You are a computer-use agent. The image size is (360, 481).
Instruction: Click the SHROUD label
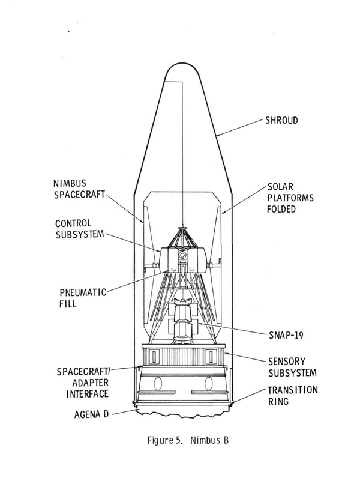[281, 120]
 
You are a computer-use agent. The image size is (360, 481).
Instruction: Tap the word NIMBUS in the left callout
[70, 183]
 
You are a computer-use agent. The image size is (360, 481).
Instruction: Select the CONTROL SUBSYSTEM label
[80, 229]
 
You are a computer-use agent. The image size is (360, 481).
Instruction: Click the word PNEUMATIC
[83, 292]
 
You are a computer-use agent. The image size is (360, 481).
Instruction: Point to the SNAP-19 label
[286, 335]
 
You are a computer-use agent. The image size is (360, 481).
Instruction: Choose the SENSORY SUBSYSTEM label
[292, 367]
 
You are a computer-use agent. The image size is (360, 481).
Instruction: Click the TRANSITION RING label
[293, 396]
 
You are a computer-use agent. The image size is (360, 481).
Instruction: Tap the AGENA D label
[91, 414]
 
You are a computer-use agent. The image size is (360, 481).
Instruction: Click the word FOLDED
[281, 209]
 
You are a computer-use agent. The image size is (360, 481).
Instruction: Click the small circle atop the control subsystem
[182, 255]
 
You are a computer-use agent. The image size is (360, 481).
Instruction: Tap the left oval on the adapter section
[158, 384]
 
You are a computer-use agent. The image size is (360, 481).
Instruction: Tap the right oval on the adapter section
[209, 384]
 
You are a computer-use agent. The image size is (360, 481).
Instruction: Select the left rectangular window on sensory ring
[154, 357]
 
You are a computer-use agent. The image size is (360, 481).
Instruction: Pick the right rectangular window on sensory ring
[211, 357]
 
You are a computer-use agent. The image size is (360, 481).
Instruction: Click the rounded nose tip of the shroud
[182, 64]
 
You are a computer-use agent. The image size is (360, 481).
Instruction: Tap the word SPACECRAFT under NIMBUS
[80, 195]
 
